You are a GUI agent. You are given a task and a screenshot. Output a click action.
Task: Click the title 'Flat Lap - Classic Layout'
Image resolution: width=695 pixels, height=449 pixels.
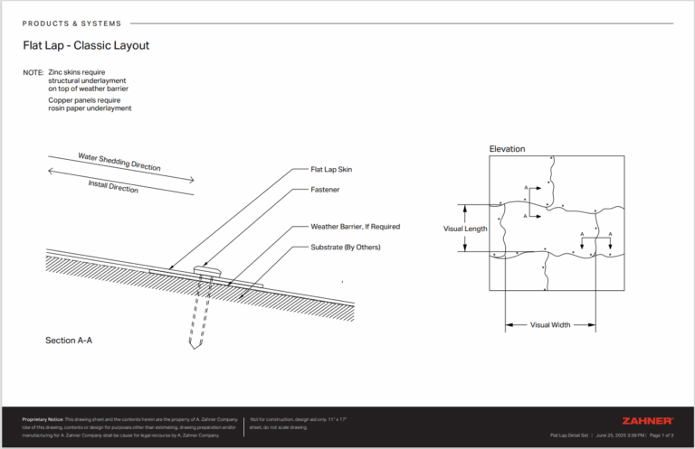point(86,44)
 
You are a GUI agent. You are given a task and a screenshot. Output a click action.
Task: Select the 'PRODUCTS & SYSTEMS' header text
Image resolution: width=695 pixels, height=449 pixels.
point(71,23)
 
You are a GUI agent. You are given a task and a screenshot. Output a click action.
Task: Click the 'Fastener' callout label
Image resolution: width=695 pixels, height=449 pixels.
point(326,190)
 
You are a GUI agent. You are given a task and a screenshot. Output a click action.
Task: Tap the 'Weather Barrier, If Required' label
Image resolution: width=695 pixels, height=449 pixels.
point(355,227)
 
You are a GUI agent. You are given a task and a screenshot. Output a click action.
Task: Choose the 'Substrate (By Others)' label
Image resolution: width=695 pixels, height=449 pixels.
point(345,247)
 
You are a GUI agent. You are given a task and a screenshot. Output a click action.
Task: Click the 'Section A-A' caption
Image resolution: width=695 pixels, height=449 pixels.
point(69,341)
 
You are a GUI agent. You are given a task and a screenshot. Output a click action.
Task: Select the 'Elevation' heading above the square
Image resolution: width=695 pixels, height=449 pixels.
point(507,149)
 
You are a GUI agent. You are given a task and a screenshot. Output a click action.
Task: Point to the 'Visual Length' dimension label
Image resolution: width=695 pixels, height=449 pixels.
point(465,229)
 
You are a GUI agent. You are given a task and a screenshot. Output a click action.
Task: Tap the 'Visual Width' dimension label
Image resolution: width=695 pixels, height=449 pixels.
point(550,324)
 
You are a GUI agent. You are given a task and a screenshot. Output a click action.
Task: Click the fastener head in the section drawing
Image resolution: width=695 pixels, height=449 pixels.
point(207,269)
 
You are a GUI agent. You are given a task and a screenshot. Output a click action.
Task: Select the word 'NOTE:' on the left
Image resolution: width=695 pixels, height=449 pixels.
point(33,72)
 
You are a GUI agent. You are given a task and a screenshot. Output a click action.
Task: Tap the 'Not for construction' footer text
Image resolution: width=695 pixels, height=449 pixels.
point(271,420)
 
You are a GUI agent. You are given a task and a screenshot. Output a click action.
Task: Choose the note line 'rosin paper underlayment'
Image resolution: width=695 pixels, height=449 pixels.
point(90,108)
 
